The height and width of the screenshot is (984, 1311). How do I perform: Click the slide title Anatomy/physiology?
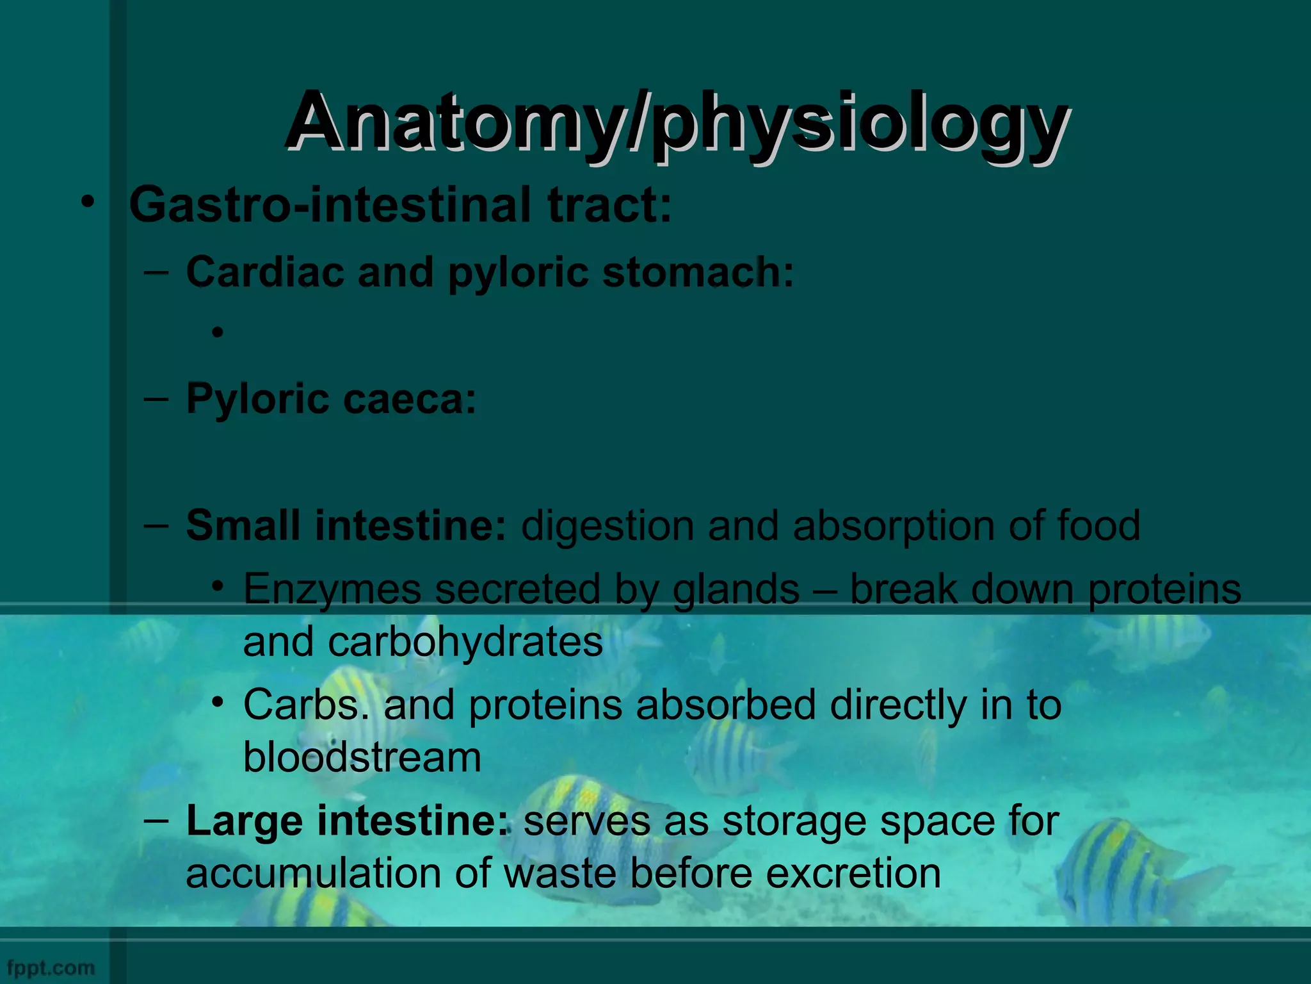tap(676, 122)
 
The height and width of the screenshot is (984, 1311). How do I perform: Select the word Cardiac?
tap(265, 272)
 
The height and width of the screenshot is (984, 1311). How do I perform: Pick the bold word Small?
tap(243, 525)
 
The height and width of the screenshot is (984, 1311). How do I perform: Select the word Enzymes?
tap(332, 589)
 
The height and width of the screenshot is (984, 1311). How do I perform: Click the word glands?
tap(736, 589)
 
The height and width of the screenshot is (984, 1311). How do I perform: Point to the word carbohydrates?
tap(465, 642)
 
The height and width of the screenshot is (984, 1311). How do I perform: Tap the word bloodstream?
tap(362, 757)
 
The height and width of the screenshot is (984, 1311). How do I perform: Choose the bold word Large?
tap(244, 821)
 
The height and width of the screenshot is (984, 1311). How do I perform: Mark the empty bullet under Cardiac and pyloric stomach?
tap(218, 332)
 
